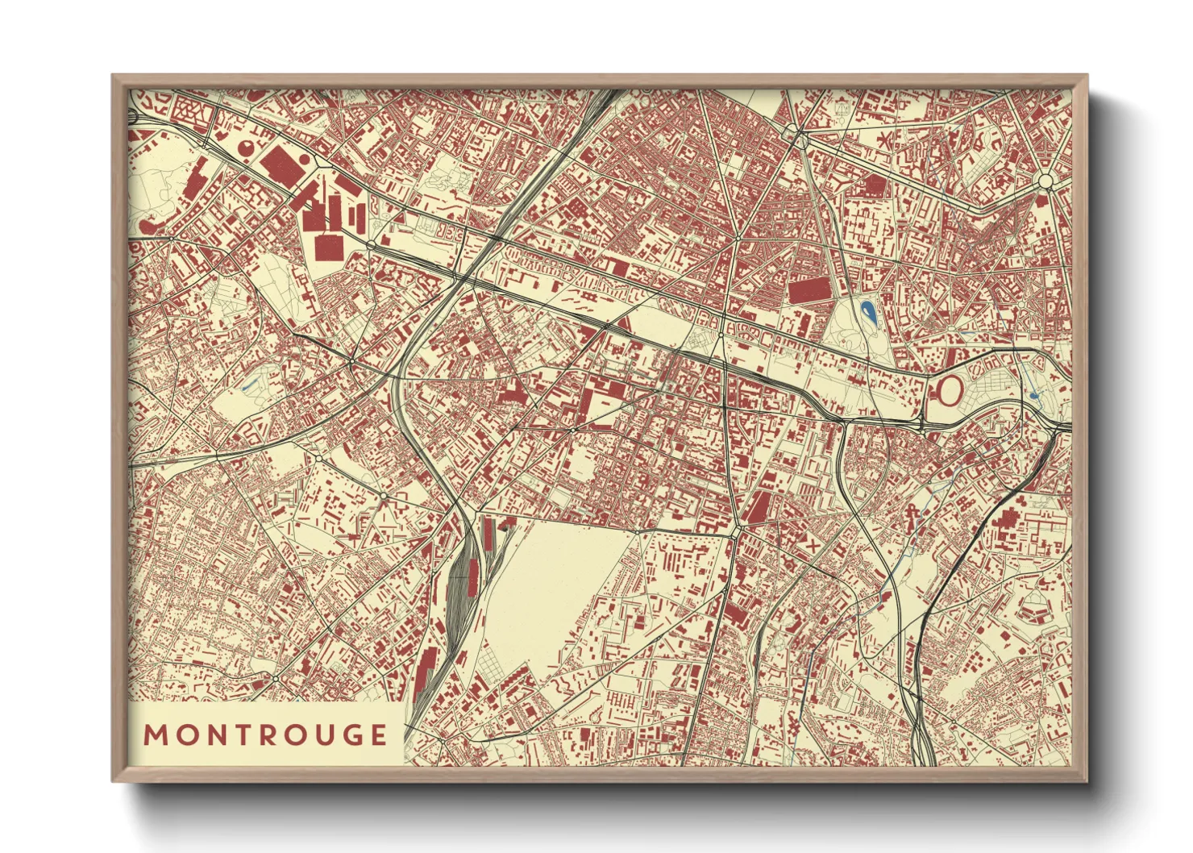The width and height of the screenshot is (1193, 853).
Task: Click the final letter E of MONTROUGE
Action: coord(376,735)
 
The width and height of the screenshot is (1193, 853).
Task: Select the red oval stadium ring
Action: coord(950,391)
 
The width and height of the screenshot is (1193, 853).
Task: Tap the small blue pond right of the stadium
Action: coord(1034,396)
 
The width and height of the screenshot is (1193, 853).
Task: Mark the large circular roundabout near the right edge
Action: coord(1045,181)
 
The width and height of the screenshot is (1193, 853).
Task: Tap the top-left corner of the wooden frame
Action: coord(114,77)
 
